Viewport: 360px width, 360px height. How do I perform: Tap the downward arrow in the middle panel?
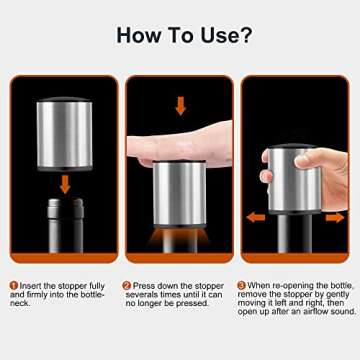point(179,105)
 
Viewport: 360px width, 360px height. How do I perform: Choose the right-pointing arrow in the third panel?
point(334,215)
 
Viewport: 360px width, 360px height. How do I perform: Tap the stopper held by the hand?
point(291,180)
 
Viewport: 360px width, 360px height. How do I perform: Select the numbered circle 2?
point(127,285)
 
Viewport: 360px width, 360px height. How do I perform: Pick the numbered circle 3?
point(242,285)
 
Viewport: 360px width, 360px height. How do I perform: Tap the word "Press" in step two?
point(146,285)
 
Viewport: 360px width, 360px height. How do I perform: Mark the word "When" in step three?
point(261,285)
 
